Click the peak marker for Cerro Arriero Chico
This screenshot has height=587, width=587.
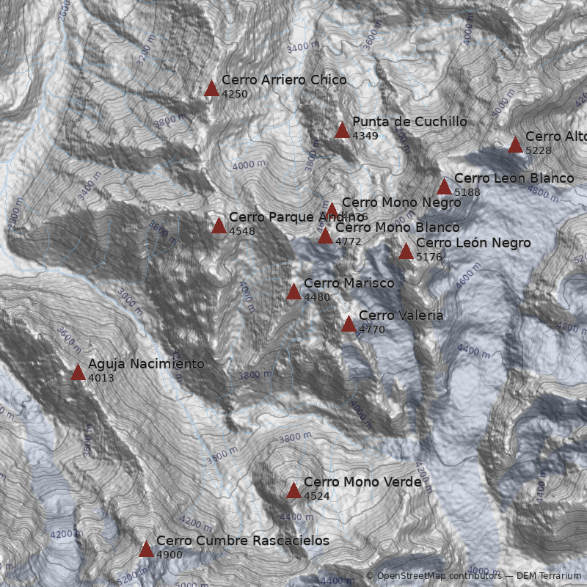click(211, 89)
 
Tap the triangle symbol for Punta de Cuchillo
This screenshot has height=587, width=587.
click(342, 131)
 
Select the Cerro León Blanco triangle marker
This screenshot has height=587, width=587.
click(444, 187)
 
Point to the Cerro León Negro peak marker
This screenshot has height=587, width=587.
click(406, 252)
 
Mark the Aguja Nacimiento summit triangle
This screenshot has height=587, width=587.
click(79, 373)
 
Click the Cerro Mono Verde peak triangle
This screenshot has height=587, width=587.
click(293, 491)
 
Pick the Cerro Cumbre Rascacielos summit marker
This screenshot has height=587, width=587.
click(146, 550)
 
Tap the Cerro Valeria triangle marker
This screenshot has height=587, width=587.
click(349, 324)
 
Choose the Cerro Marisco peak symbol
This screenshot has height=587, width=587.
click(293, 292)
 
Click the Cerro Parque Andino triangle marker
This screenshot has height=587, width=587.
click(219, 226)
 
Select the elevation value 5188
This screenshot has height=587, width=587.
click(467, 192)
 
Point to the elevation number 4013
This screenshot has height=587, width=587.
click(101, 378)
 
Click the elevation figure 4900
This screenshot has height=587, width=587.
click(169, 555)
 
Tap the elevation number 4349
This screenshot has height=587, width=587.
click(365, 136)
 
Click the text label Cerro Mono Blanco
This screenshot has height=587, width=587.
click(397, 227)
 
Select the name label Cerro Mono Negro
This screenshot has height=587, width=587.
click(401, 202)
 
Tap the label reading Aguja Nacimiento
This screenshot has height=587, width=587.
click(146, 363)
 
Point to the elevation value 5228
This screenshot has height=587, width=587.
click(539, 150)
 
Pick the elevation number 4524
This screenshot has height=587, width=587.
click(317, 496)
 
